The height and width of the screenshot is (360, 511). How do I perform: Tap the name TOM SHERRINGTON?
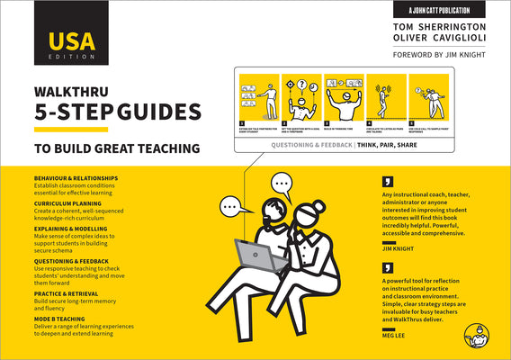[447, 26]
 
